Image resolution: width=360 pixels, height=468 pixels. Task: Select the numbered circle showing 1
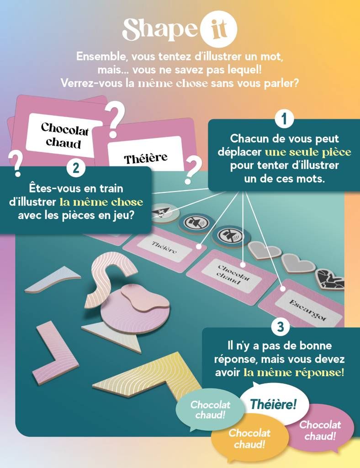coord(284,120)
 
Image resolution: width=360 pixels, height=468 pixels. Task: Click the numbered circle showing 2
coord(76,168)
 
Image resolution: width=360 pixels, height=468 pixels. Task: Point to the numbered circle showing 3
coord(280,327)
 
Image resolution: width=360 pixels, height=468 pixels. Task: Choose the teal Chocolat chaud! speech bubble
coord(210,409)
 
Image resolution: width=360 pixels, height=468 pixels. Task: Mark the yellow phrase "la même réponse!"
coord(294,372)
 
